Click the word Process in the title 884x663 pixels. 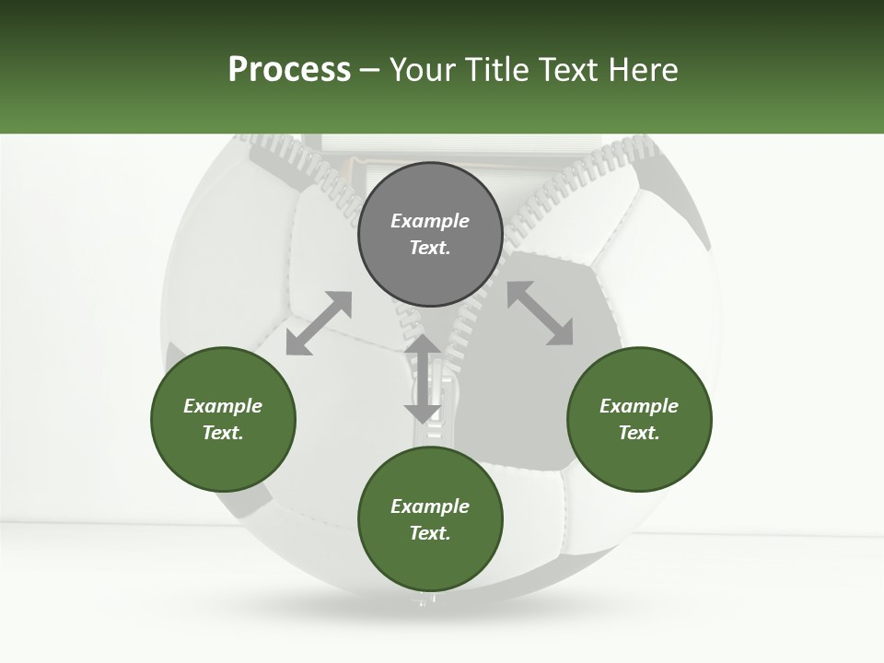289,70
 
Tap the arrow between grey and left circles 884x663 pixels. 319,323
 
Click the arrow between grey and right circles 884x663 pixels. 541,314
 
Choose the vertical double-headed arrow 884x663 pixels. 423,378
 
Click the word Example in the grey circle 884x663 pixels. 430,221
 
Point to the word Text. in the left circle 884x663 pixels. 223,433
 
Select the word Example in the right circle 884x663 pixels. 639,406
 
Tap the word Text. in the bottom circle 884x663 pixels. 430,533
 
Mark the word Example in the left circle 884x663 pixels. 223,406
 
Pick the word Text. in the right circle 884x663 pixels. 639,433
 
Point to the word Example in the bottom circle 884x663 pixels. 430,506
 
